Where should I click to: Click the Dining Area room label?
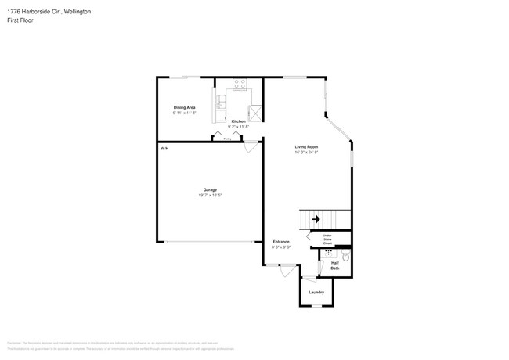pyautogui.click(x=184, y=107)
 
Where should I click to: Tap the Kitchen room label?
pyautogui.click(x=237, y=121)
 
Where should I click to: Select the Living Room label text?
pyautogui.click(x=306, y=146)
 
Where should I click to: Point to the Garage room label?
pyautogui.click(x=210, y=189)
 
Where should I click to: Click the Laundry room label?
pyautogui.click(x=316, y=293)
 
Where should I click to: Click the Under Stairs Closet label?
pyautogui.click(x=327, y=239)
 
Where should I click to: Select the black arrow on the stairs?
pyautogui.click(x=316, y=220)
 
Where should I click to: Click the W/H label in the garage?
pyautogui.click(x=164, y=148)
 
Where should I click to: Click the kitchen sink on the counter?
pyautogui.click(x=221, y=102)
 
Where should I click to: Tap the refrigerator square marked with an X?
pyautogui.click(x=254, y=111)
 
